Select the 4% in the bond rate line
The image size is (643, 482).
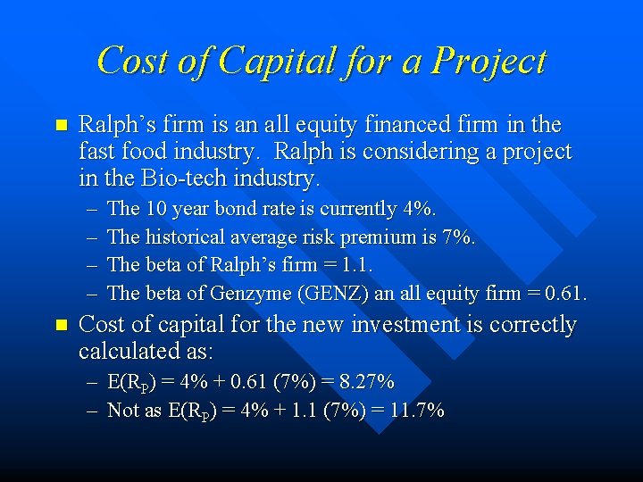[x=419, y=209]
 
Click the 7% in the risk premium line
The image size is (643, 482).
[x=459, y=237]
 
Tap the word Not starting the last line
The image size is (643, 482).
[x=121, y=411]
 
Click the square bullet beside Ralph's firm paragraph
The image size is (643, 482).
[x=61, y=126]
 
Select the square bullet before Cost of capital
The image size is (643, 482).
[x=61, y=326]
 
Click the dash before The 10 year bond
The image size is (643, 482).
[x=93, y=210]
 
